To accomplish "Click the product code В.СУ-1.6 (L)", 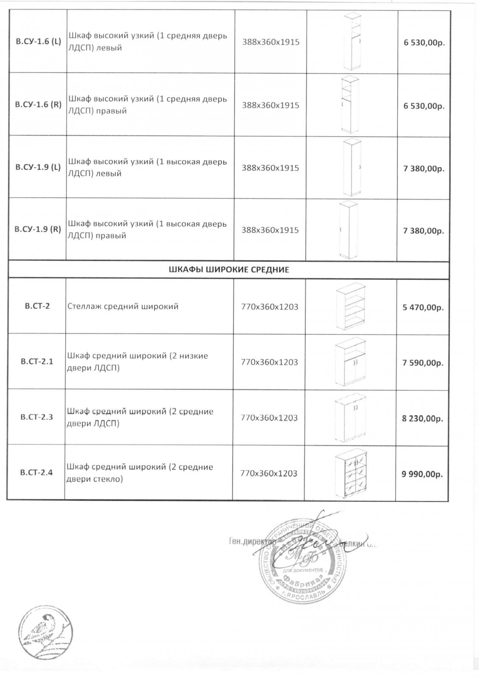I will click(x=38, y=42).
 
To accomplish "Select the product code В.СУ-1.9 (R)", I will click(x=38, y=230).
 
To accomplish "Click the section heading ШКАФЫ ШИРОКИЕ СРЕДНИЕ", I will click(x=228, y=270).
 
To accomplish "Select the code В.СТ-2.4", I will click(x=36, y=473).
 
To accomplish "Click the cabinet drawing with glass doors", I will click(x=351, y=473).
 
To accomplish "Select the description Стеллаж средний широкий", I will click(x=123, y=306).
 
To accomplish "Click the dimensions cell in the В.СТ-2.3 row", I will click(x=269, y=418).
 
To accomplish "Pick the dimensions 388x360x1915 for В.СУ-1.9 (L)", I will click(x=270, y=168).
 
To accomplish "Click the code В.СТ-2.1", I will click(x=37, y=362).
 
